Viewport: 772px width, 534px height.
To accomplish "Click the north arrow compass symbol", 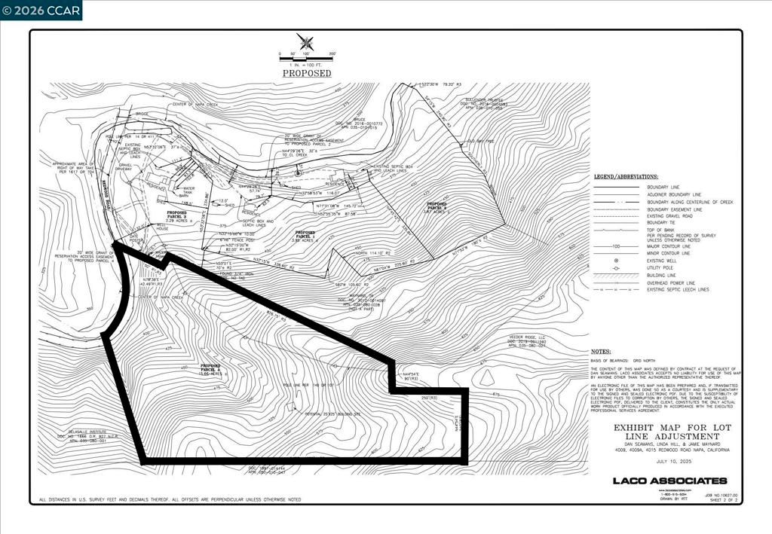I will [x=305, y=42].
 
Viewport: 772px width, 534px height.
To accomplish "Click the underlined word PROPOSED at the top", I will [x=307, y=73].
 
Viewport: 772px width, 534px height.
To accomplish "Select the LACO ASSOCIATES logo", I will [x=669, y=481].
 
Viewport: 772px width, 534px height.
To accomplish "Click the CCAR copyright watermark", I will [x=41, y=10].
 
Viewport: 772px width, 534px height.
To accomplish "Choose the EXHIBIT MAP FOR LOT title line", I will [x=665, y=427].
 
